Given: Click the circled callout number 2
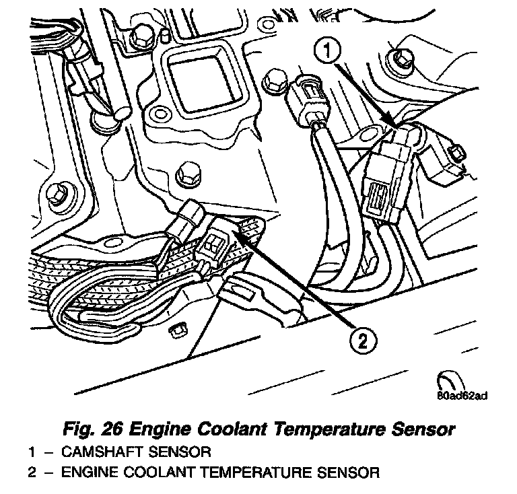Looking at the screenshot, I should coord(362,343).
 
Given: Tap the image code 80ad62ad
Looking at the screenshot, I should coord(461,395).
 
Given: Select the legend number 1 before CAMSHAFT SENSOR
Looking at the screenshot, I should coord(32,450).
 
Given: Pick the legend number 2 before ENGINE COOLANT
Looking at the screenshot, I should coord(32,472).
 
